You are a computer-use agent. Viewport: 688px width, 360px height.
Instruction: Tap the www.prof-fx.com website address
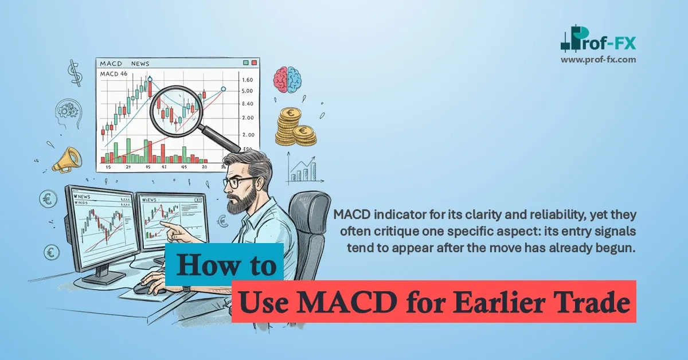pos(598,59)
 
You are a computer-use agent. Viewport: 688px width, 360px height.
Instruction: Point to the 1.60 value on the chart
pos(248,80)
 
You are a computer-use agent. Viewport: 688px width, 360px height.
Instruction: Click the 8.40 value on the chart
pos(248,104)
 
